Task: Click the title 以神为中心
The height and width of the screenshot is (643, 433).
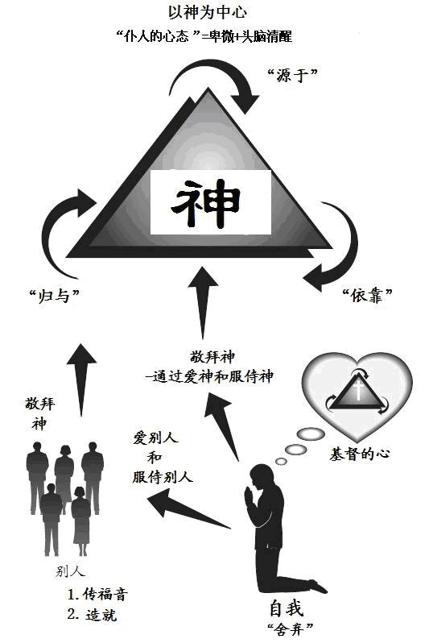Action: (208, 12)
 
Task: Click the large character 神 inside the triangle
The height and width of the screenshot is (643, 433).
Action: (206, 203)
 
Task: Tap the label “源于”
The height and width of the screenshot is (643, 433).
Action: (292, 75)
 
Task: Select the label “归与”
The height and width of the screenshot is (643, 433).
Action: (54, 295)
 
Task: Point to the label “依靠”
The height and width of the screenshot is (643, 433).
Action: (368, 295)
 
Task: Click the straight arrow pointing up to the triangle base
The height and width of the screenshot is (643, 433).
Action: (203, 303)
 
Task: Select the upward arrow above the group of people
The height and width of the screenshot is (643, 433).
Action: (81, 380)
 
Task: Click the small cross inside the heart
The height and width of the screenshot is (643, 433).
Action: (358, 390)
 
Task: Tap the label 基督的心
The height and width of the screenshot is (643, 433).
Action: (359, 454)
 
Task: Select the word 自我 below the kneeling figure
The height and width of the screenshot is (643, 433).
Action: (287, 608)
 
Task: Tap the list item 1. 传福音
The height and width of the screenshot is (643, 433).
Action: (97, 594)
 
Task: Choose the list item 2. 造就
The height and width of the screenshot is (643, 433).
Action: (93, 615)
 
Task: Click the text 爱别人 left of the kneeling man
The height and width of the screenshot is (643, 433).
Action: (155, 438)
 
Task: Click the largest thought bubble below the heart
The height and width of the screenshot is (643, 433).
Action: (311, 434)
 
